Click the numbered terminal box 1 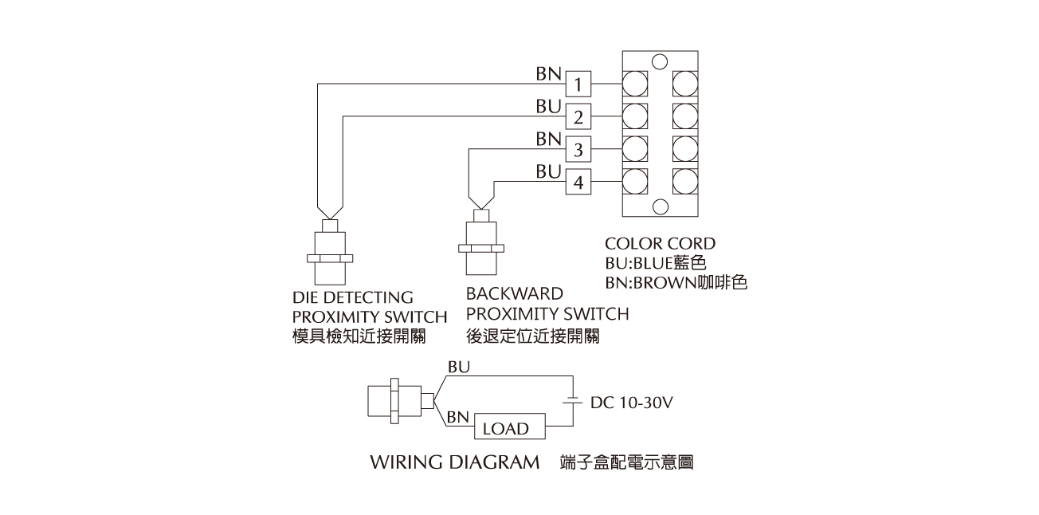click(x=579, y=84)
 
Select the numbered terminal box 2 click(x=579, y=118)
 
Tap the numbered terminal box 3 click(x=579, y=150)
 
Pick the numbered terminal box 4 click(x=579, y=183)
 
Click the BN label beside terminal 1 click(x=549, y=73)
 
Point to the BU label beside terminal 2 click(x=549, y=106)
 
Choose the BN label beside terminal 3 click(x=549, y=139)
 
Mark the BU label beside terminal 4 click(x=549, y=171)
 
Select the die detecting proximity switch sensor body click(x=329, y=257)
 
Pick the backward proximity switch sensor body click(x=480, y=249)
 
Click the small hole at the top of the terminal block click(x=659, y=60)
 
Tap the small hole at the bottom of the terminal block click(x=659, y=206)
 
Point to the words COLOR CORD click(x=660, y=243)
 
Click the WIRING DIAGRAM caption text click(x=455, y=462)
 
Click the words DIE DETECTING click(x=353, y=297)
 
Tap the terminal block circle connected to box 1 click(x=634, y=83)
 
